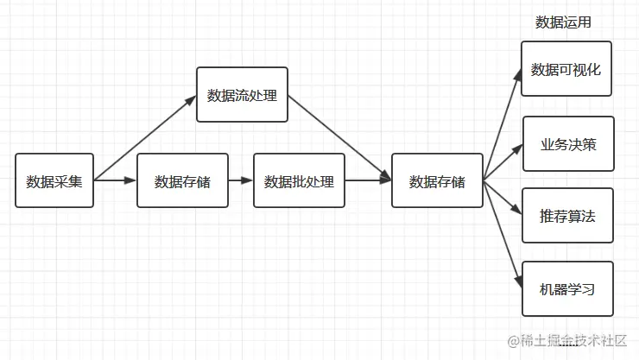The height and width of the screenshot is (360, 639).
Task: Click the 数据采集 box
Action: coord(54,181)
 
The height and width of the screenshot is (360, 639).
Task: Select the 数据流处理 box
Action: coord(242,94)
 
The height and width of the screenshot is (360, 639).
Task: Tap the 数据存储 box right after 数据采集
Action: coord(182,181)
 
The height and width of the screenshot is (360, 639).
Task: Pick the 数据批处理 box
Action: coord(299,181)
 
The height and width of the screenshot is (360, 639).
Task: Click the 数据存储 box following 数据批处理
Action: coord(437,181)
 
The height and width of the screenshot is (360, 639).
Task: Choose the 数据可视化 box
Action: coord(566,69)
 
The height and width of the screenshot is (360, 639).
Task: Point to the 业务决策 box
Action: coord(567,144)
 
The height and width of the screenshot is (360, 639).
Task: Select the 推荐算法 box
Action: coord(567,216)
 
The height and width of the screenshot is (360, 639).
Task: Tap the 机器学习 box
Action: coord(567,288)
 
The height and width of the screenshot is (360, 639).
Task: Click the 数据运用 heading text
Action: coord(563,22)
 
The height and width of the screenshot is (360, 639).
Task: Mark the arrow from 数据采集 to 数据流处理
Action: coord(145,137)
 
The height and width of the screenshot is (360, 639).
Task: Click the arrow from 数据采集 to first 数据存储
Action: coord(116,181)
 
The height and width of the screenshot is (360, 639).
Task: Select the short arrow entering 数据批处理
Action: coord(241,181)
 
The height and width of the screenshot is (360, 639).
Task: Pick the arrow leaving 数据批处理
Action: coord(368,181)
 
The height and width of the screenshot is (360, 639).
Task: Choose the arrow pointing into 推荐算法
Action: coord(503,197)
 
